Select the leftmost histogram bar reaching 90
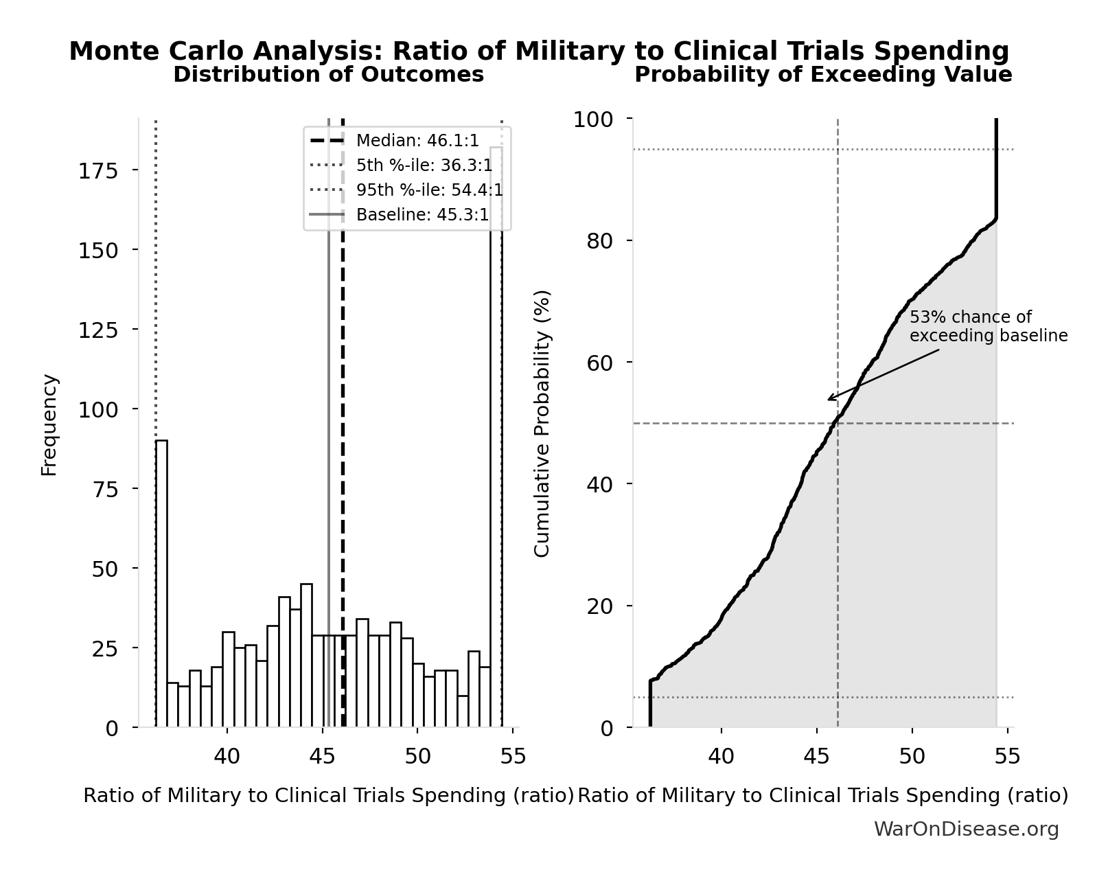pos(161,584)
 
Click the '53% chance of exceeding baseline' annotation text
pos(988,327)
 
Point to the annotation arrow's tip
pos(828,400)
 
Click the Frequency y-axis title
pos(49,424)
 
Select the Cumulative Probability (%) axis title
pos(542,423)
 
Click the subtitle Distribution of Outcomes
pos(328,75)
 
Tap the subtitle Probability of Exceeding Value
pos(822,75)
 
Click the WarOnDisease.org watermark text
pos(966,830)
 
